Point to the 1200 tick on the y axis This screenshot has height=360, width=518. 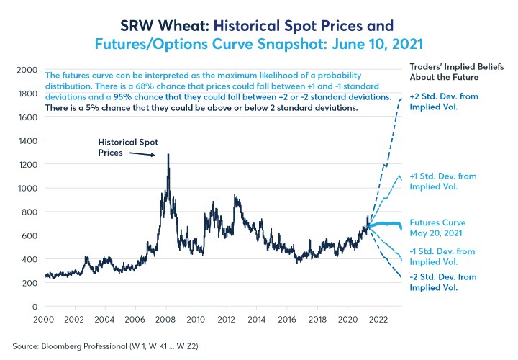(27, 164)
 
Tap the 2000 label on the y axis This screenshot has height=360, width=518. (27, 70)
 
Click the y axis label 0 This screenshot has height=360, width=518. (35, 306)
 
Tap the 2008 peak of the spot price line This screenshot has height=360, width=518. (168, 154)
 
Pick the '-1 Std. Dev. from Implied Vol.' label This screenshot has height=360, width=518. (440, 256)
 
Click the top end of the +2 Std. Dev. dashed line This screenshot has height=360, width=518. (401, 98)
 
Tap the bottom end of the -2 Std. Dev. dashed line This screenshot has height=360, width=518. (401, 277)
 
